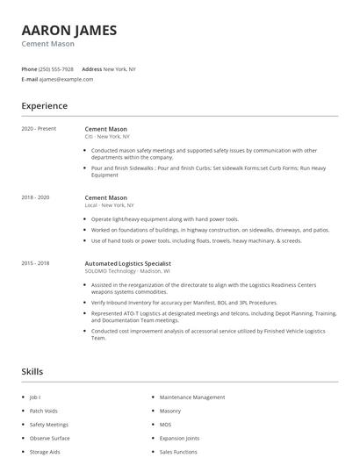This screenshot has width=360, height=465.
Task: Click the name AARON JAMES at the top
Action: [x=68, y=30]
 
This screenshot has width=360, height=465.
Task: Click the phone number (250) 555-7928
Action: [x=56, y=68]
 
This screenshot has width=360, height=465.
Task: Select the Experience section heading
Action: [x=44, y=106]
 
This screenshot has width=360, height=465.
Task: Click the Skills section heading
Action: [x=32, y=372]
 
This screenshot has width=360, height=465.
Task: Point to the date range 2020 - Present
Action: [x=39, y=129]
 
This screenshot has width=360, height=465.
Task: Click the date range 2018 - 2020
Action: [x=35, y=198]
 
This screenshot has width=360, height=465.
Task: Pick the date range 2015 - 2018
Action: [x=35, y=263]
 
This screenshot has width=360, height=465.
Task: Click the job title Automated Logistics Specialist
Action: [x=127, y=263]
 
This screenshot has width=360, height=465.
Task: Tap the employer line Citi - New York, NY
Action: [x=107, y=137]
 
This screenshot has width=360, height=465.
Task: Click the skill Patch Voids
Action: [x=43, y=411]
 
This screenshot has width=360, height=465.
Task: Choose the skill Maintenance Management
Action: [x=192, y=397]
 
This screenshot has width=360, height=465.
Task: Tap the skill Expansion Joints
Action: [x=179, y=438]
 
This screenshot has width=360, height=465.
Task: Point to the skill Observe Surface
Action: [x=49, y=438]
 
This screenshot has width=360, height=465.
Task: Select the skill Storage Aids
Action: [x=45, y=452]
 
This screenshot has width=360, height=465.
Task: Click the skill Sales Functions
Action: [x=178, y=452]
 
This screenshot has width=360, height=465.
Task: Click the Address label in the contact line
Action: [x=91, y=68]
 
